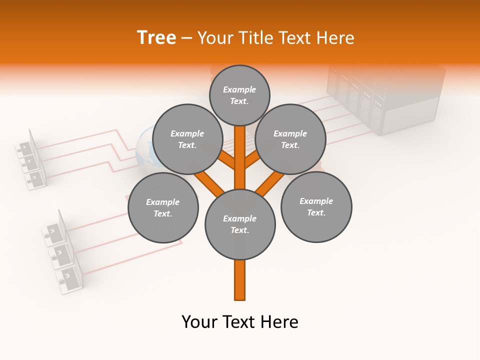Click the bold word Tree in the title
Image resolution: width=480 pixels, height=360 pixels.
point(156,37)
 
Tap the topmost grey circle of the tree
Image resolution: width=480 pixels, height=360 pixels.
point(239,95)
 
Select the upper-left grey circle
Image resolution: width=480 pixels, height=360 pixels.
point(187,139)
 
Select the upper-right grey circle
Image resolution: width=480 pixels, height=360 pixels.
point(290,139)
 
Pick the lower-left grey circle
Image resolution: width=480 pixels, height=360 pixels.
point(163,207)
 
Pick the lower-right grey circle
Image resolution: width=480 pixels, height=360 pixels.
point(316,206)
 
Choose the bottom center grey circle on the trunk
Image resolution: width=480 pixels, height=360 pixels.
point(240,224)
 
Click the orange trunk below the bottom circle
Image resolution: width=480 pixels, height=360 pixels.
point(240,280)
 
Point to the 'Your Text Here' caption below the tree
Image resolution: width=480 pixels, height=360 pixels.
point(240,322)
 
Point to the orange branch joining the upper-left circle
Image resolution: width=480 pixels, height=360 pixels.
point(226,161)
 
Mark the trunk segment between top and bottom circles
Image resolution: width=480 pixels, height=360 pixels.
point(240,157)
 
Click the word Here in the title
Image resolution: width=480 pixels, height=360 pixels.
point(335,37)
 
